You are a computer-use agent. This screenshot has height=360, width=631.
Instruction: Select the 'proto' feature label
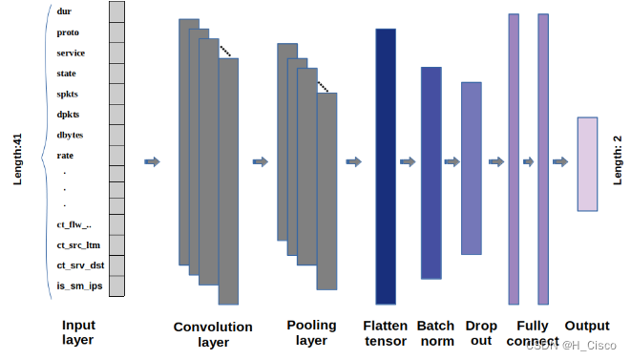point(68,32)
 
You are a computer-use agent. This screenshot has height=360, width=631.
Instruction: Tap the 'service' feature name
point(72,53)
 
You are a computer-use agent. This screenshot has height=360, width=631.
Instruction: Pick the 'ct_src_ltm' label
point(79,244)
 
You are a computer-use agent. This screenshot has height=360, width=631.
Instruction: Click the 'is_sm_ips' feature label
point(77,285)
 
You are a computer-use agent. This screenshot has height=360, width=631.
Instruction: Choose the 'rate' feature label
point(66,156)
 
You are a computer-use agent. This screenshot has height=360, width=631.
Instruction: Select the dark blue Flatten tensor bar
point(386,165)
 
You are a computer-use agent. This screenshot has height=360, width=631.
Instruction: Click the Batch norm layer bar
point(431,173)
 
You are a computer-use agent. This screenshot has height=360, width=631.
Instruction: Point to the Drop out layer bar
point(472,168)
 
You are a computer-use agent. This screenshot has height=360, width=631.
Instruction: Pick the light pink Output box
point(587,163)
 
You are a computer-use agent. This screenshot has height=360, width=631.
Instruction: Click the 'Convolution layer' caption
point(213,334)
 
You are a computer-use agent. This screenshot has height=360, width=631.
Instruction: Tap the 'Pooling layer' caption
point(312,332)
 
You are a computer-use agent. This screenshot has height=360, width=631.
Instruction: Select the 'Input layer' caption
point(78,332)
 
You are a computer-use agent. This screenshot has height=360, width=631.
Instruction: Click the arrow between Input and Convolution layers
point(152,162)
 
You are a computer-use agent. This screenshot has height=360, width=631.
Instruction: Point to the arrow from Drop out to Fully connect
point(494,162)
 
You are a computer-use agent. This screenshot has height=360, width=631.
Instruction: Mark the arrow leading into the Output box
point(561,162)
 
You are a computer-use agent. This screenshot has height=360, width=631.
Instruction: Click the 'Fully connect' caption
point(532,332)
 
